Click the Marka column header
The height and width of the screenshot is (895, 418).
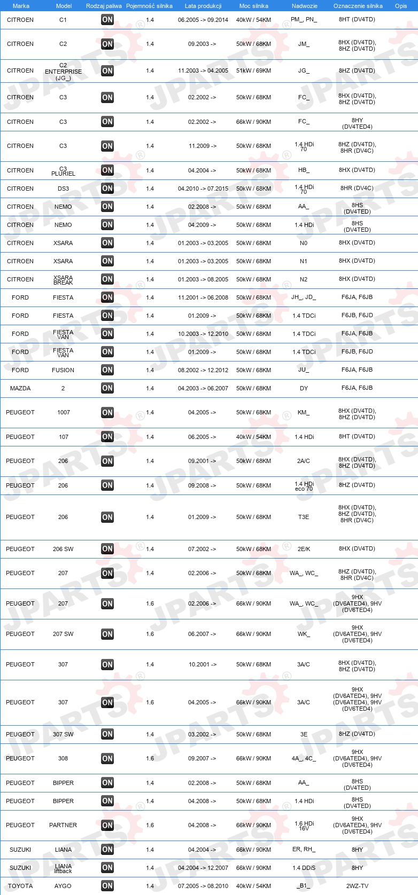coord(21,6)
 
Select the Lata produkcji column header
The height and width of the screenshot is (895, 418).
coord(203,6)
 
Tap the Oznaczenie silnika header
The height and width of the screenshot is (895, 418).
coord(358,6)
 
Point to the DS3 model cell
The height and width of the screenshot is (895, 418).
coord(63,189)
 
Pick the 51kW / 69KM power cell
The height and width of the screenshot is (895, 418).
coord(253,70)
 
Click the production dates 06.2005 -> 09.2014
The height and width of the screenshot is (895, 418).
coord(203,20)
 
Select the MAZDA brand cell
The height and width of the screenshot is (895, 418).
coord(20,388)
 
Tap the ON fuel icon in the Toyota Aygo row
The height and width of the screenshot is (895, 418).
coord(107,886)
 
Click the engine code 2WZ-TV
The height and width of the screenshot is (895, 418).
coord(357,886)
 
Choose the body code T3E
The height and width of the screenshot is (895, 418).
coord(304,517)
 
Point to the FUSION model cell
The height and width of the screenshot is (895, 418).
coord(63,370)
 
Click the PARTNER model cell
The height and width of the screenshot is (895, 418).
coord(63,825)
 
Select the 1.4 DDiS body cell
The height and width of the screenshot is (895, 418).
coord(304,868)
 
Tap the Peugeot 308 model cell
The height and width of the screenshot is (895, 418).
coord(63,758)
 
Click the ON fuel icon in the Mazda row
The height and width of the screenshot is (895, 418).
coord(107,388)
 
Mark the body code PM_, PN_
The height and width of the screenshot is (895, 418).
coord(304,20)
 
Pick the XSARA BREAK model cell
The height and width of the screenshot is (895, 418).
coord(63,280)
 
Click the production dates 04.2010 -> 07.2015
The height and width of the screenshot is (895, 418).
coord(203,189)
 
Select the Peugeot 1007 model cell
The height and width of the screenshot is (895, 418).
coord(63,412)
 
